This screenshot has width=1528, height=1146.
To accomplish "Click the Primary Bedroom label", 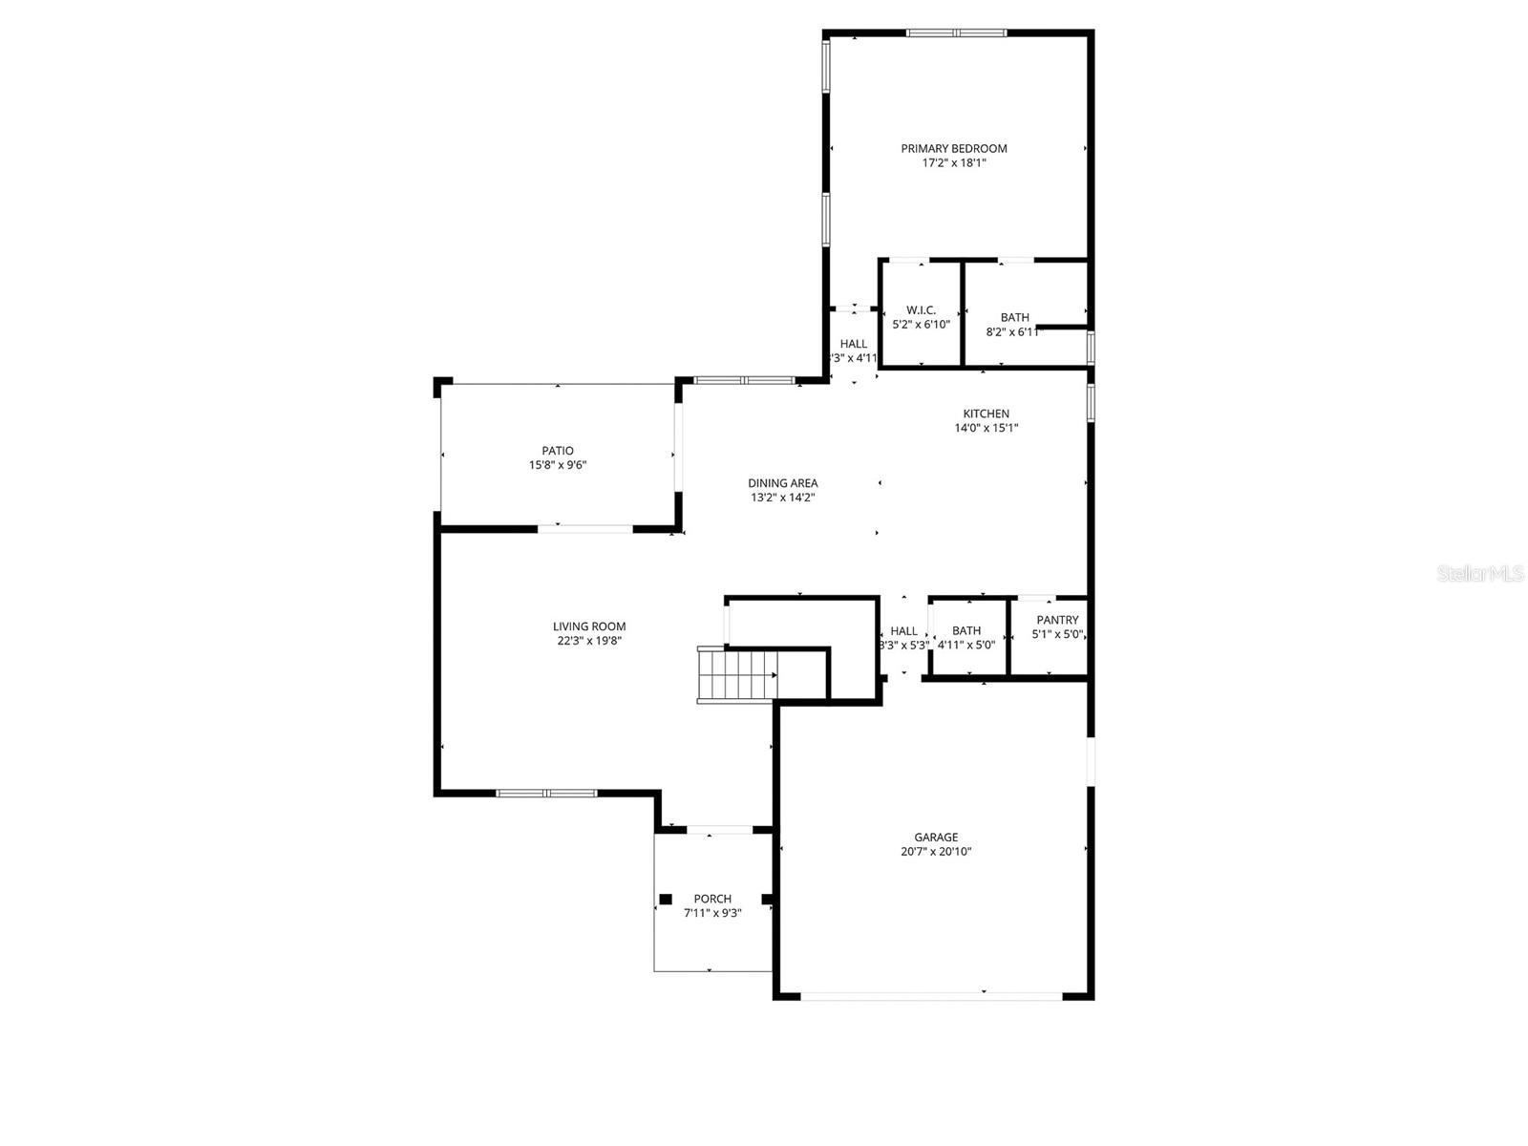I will click(953, 148).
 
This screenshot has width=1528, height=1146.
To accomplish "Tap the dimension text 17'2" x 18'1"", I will click(953, 163).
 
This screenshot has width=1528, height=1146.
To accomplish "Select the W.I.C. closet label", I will click(921, 310).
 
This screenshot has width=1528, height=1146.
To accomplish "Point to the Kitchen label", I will click(986, 414).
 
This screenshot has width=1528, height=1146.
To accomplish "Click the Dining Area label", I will click(782, 483).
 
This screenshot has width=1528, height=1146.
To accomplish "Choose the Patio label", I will click(558, 451).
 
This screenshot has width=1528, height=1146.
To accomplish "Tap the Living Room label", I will click(589, 626).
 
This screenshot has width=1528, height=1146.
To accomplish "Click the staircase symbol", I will click(737, 674).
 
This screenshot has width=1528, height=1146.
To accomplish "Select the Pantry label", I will click(1057, 620).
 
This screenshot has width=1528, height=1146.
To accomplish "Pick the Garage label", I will click(935, 838).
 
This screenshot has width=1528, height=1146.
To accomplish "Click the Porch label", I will click(712, 899).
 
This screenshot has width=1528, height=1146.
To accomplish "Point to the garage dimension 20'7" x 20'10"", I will click(935, 852).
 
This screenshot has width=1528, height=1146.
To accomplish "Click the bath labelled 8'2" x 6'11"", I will click(1014, 318).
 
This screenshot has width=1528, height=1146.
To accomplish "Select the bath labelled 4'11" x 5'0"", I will click(966, 630).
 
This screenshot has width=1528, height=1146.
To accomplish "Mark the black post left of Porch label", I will click(666, 899).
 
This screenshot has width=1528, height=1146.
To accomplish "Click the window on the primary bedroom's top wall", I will click(956, 33).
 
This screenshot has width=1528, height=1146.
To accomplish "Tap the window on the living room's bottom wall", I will click(546, 793).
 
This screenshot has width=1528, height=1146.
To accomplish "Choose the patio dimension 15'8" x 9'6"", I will click(558, 466).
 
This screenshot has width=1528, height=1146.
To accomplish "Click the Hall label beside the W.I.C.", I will click(854, 344).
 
